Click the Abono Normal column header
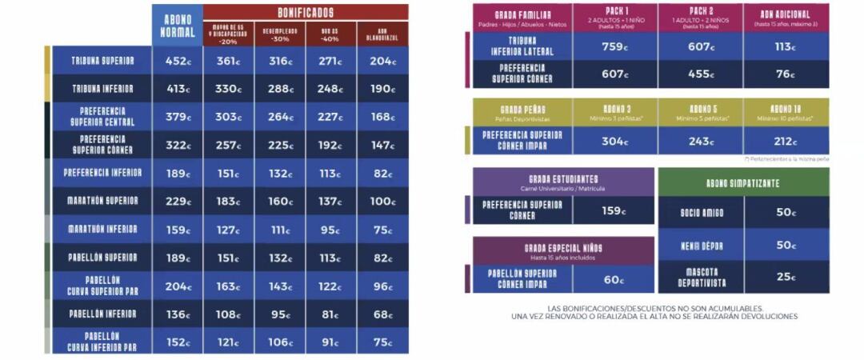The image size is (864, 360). tap(177, 26)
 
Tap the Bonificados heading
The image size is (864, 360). tap(306, 13)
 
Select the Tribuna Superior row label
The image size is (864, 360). tap(102, 61)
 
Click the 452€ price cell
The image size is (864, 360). tap(177, 61)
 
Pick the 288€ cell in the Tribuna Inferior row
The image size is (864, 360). tap(280, 89)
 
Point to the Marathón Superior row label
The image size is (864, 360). tap(102, 201)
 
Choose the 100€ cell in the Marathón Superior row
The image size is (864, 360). tap(382, 201)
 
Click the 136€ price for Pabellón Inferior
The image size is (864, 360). tap(177, 314)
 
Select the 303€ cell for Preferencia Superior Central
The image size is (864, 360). tap(229, 117)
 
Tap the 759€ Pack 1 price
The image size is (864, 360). tap(615, 46)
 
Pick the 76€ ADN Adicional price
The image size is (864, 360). tap(786, 74)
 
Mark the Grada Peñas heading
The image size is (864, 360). tap(522, 111)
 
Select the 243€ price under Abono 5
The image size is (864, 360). tap(701, 141)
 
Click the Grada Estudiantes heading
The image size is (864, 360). tap(522, 182)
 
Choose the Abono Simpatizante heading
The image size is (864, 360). tap(743, 183)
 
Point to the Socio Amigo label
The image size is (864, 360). tap(701, 212)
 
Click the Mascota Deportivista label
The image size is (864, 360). tap(701, 277)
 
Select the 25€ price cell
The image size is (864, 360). tap(786, 277)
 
